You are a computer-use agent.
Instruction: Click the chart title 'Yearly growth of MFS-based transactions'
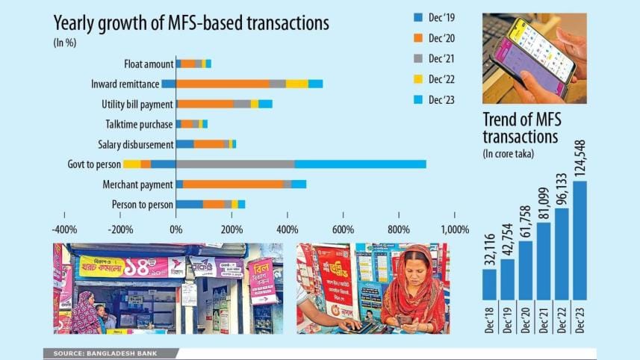(191, 23)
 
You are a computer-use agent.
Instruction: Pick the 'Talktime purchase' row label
(138, 124)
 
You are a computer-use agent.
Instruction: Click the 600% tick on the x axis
(343, 229)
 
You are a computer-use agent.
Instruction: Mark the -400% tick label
(65, 229)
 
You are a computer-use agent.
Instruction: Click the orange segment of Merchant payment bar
(233, 184)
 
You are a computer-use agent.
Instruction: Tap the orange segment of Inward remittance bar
(222, 84)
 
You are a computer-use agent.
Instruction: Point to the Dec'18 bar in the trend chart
(489, 283)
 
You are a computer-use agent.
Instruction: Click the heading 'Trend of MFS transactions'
(521, 128)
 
